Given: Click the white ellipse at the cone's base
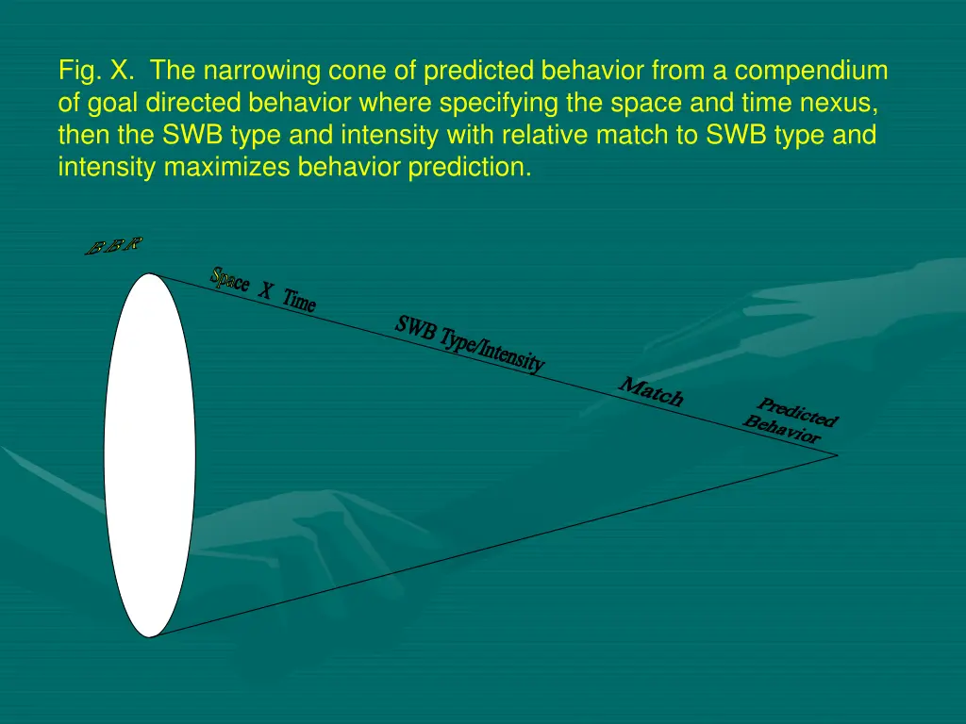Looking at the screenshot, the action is pos(150,455).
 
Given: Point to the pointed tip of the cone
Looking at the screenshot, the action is pos(836,454).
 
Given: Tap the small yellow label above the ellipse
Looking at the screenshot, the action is pos(113,247).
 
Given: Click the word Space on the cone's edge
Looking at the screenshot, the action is pos(231,280).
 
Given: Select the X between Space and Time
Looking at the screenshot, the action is pos(266,293).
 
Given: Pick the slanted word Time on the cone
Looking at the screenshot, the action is pos(299,303).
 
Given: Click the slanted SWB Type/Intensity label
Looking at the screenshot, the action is pos(470,344).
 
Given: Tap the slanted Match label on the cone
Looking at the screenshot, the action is pos(651,391).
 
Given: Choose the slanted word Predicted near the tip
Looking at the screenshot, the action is pos(798,412).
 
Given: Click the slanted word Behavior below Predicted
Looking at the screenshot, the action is pos(781,430).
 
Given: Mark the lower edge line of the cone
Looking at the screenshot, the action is pos(491,546).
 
